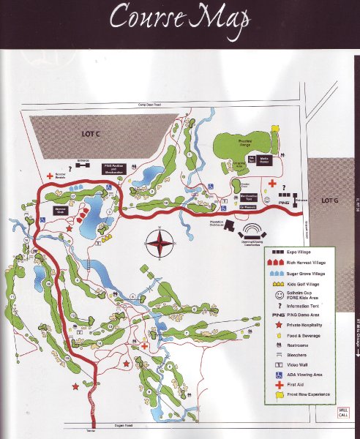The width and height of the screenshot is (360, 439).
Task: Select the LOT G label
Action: coord(331,200)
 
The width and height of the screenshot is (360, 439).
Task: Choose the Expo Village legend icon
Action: coord(277,250)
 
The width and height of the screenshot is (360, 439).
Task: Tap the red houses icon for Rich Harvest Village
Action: coord(277,262)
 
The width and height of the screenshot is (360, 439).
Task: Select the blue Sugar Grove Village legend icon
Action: coord(277,274)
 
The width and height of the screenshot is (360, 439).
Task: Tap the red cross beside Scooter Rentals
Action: coord(50,174)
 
